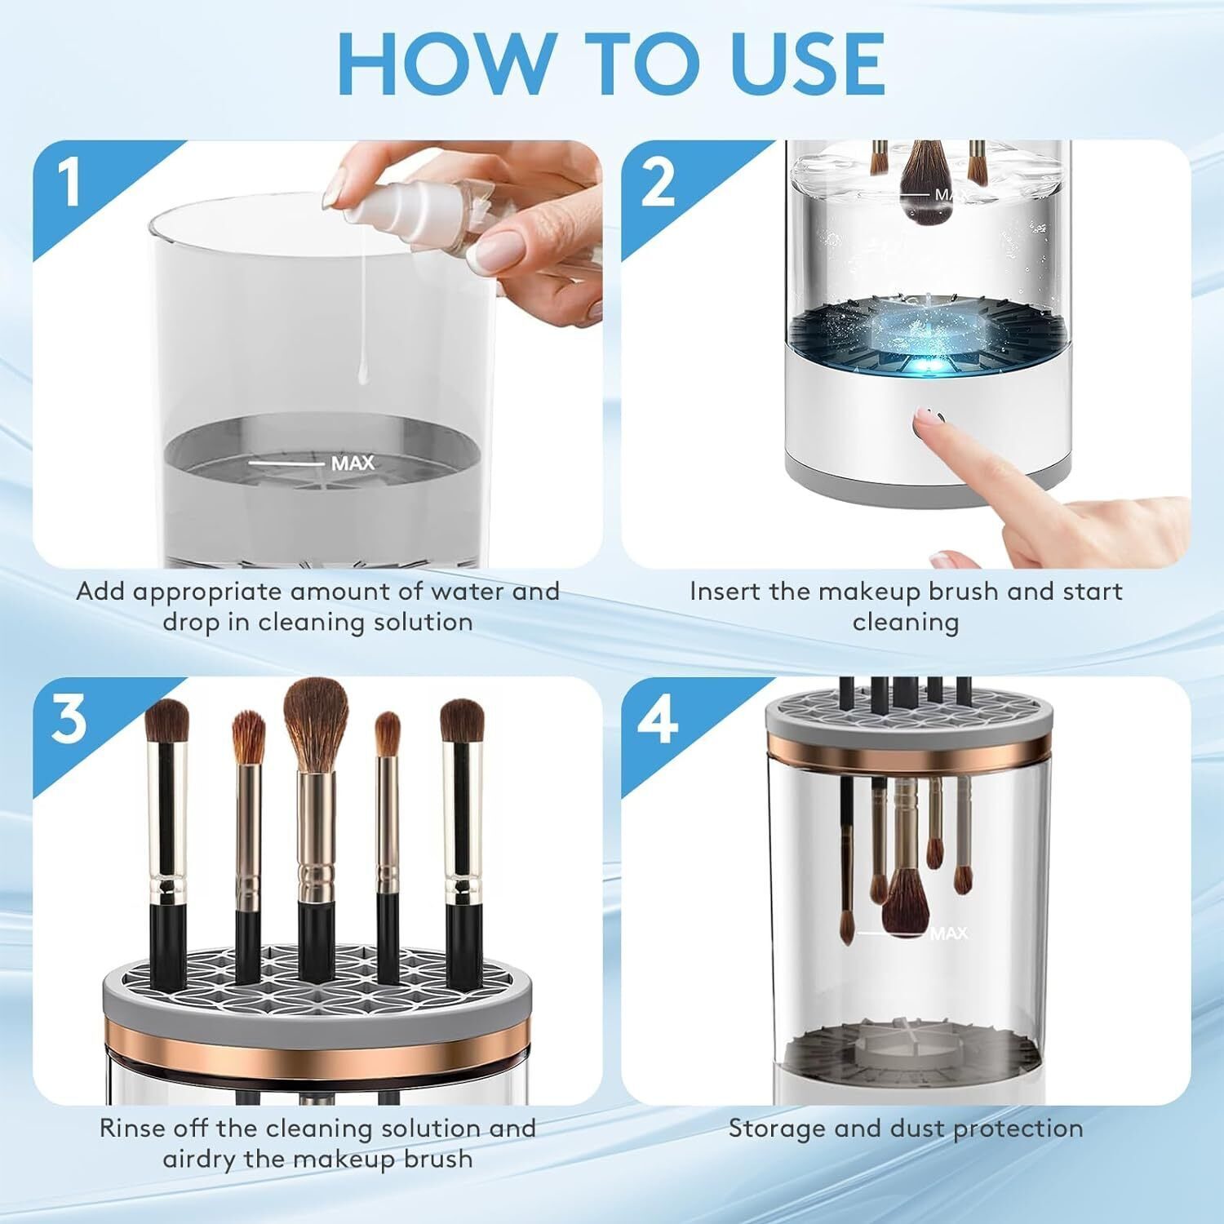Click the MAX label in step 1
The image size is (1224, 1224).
click(353, 463)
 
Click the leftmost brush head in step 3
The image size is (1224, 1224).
click(166, 729)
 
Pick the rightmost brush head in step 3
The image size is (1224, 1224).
click(462, 728)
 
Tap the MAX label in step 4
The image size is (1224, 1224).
click(948, 933)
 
